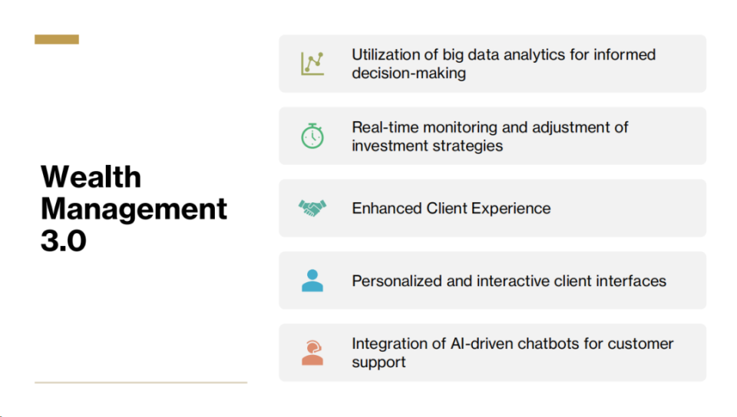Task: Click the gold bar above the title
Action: [x=57, y=39]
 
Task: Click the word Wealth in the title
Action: [x=91, y=177]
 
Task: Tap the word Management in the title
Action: [x=134, y=208]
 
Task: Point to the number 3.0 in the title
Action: [x=64, y=241]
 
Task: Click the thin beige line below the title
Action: [x=141, y=383]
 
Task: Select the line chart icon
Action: [x=312, y=64]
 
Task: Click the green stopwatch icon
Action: [x=312, y=136]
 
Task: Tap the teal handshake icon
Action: [x=312, y=208]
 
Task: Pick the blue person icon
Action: [x=312, y=281]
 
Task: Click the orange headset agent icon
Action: [x=312, y=353]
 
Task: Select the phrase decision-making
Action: [x=409, y=73]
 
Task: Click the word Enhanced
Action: [x=387, y=208]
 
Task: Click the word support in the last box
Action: [x=378, y=363]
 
